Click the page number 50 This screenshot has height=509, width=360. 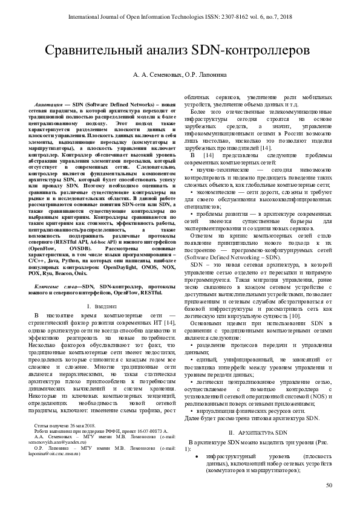[x=329, y=486]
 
